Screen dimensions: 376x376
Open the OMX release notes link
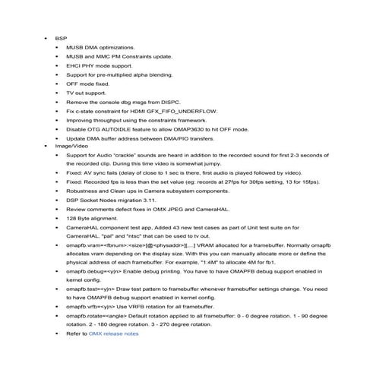114,333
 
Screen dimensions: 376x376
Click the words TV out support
87,93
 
